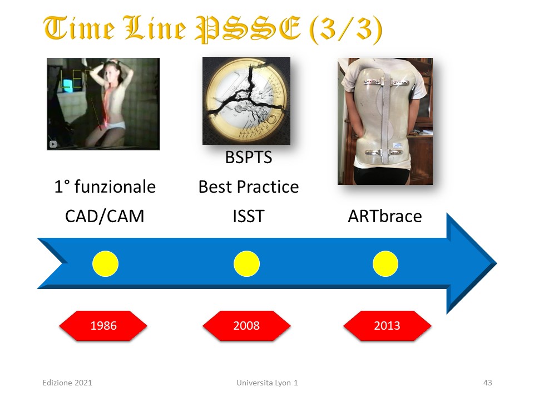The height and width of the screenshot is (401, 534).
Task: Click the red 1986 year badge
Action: [x=103, y=326]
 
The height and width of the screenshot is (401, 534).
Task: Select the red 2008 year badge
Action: [x=246, y=326]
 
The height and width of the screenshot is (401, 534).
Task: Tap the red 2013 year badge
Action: [x=387, y=326]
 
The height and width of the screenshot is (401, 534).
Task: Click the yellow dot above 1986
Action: [x=106, y=263]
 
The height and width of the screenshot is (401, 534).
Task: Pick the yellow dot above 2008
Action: [x=246, y=263]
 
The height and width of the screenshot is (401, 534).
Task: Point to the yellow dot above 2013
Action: [x=385, y=263]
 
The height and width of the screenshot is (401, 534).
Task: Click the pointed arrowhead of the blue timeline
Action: [x=496, y=263]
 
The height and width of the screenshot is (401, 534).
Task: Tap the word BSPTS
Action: [x=249, y=158]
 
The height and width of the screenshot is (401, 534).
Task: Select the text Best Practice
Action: [x=249, y=187]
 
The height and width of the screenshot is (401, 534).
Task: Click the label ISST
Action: [x=249, y=216]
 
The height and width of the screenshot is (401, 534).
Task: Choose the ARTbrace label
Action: [x=385, y=216]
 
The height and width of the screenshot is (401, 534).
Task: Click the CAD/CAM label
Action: [x=105, y=216]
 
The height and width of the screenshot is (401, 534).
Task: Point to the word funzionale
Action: [x=115, y=187]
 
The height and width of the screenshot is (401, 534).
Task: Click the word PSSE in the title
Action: [x=248, y=28]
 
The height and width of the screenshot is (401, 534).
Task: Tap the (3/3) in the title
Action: [x=345, y=30]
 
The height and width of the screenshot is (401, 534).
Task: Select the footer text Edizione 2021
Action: [x=67, y=383]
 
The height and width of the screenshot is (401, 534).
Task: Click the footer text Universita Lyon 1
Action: [x=268, y=383]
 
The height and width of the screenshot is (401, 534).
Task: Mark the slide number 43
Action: [x=488, y=383]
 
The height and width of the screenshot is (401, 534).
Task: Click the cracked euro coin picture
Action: [x=246, y=101]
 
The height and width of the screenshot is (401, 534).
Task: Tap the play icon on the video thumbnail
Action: [x=53, y=144]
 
